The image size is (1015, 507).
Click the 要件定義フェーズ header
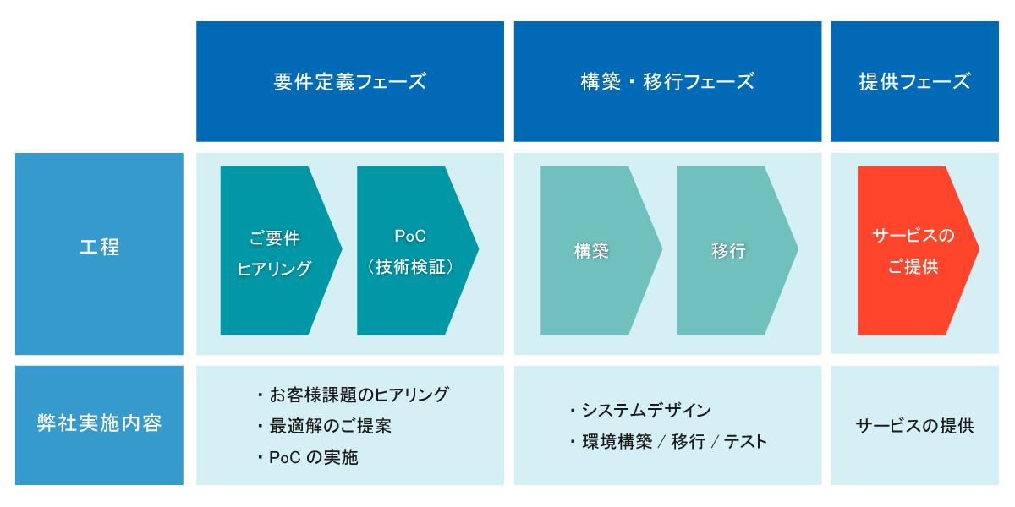click(349, 82)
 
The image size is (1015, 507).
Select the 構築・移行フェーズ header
click(667, 82)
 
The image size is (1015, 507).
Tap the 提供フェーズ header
click(914, 82)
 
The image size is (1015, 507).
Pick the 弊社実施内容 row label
click(99, 423)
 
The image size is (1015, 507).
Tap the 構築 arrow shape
click(593, 251)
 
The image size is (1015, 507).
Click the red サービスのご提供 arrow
click(912, 251)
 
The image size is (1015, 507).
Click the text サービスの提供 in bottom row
click(914, 426)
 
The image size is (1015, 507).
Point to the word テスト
click(744, 442)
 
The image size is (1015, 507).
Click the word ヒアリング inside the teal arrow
click(275, 269)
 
